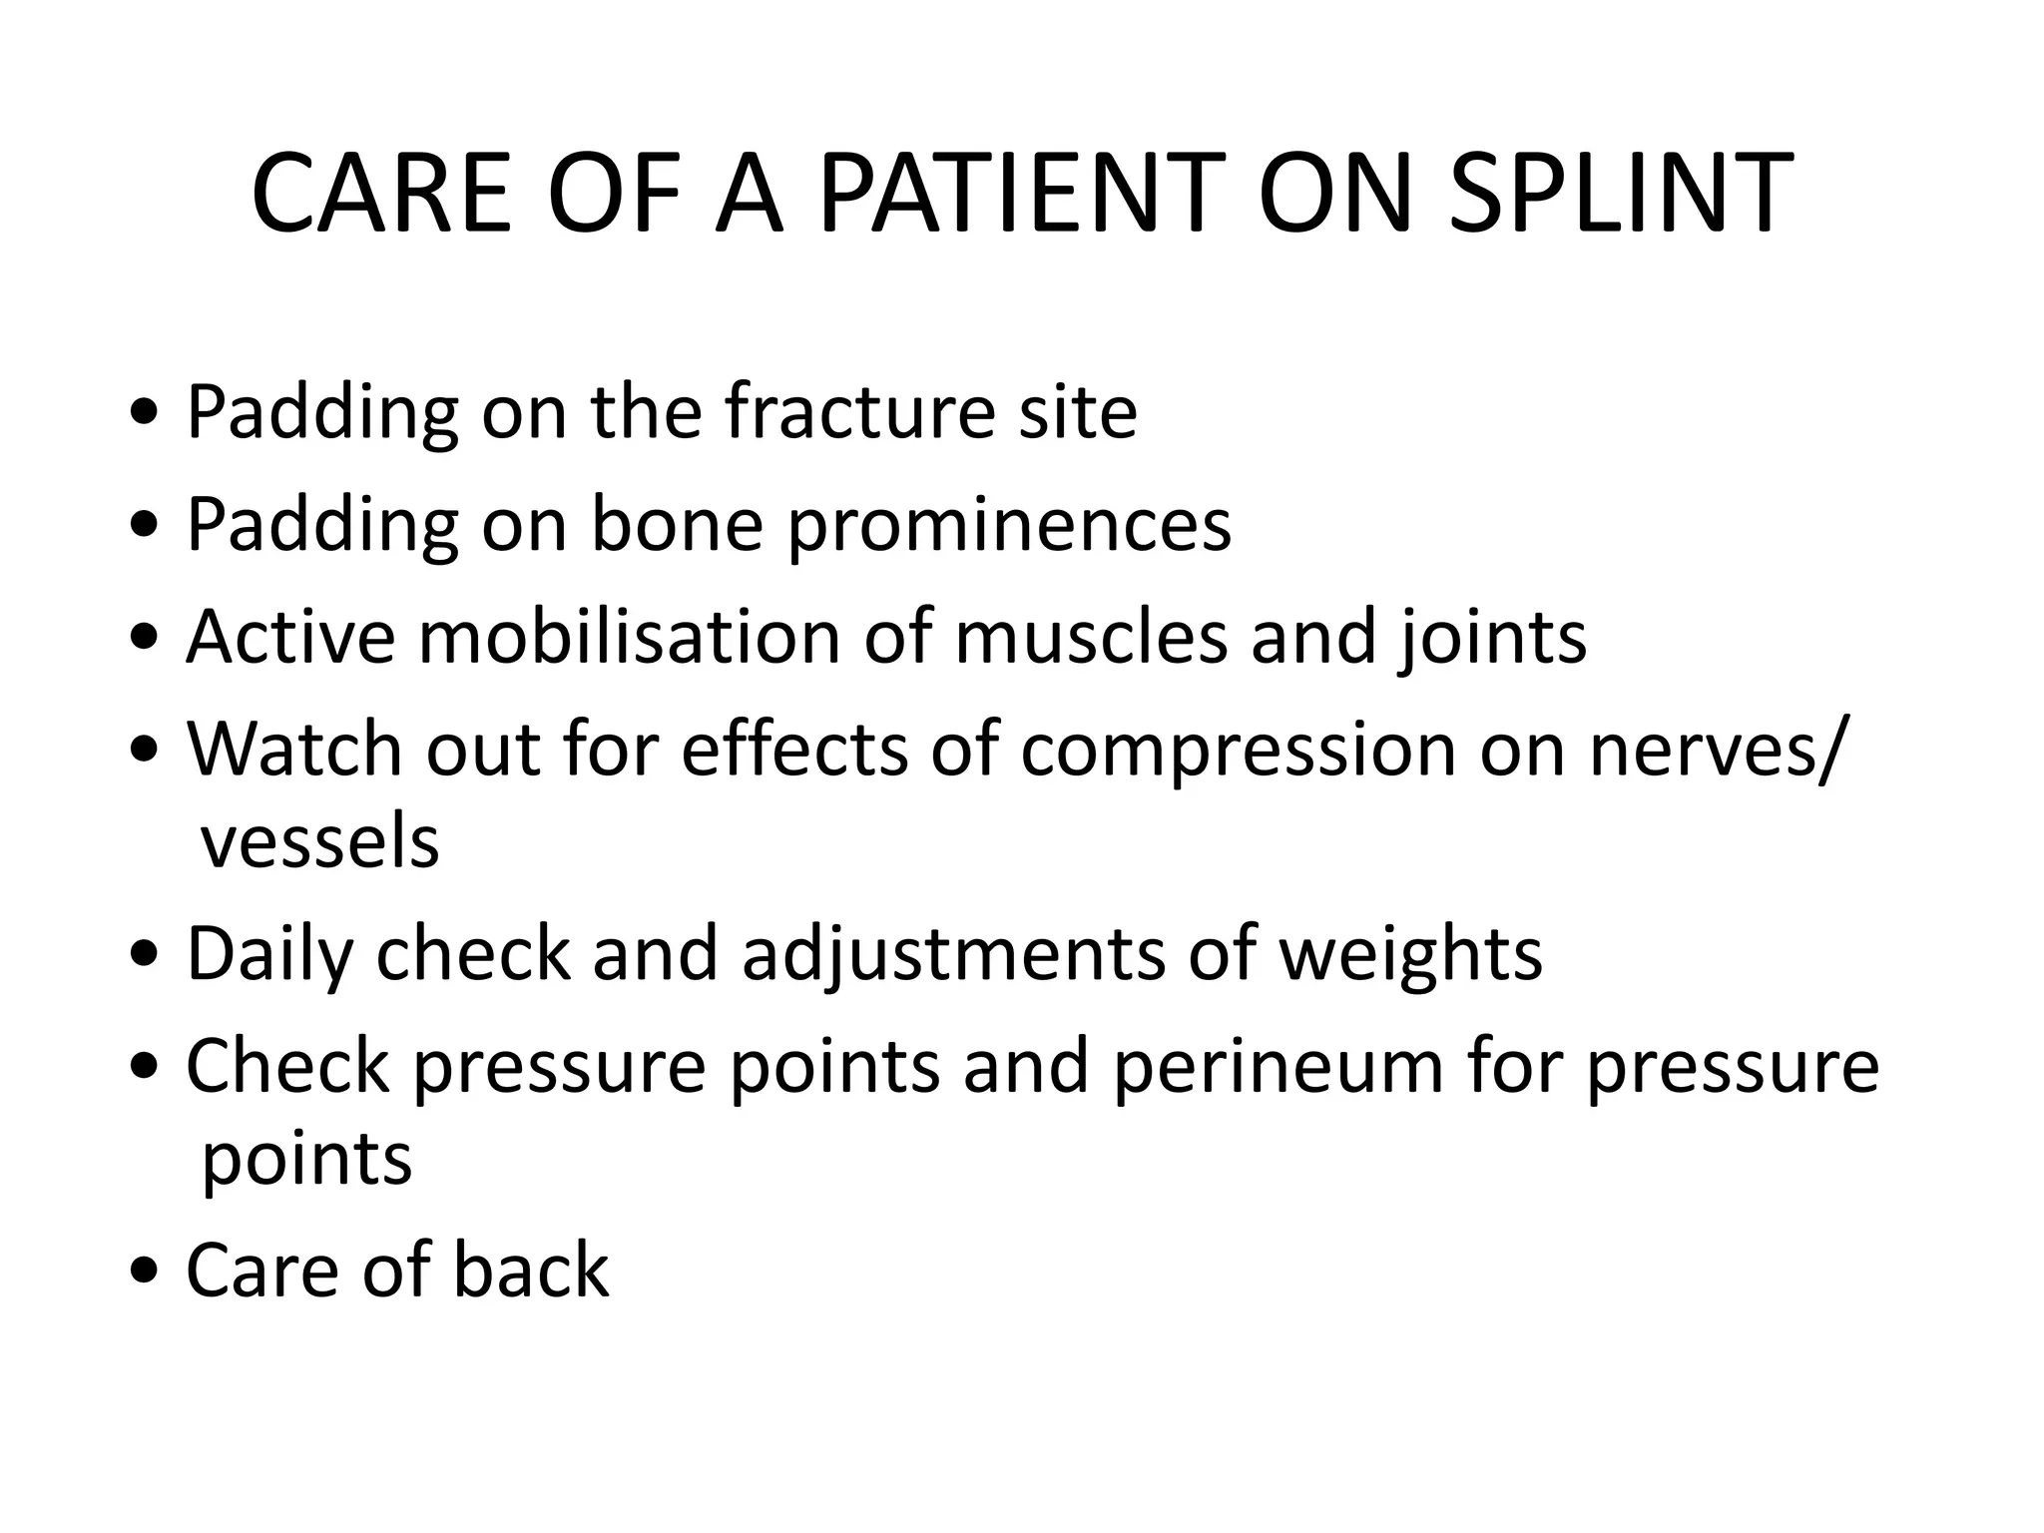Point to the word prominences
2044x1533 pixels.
1009,526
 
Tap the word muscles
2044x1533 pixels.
1090,636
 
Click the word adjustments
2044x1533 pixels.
952,955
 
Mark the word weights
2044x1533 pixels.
1409,955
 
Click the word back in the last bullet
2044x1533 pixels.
530,1270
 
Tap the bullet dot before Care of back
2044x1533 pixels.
146,1272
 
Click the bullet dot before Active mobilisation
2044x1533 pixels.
146,638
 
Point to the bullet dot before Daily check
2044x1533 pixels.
146,955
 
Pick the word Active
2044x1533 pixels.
290,636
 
